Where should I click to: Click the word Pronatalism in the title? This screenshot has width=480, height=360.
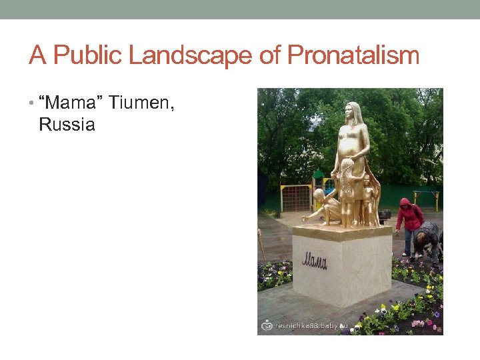coord(353,55)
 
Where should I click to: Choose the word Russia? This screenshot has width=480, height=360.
coord(67,125)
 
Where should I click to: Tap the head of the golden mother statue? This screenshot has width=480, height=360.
coord(354,112)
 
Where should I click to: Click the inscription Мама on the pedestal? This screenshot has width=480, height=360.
coord(315,259)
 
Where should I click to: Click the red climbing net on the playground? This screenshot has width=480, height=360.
coord(295,198)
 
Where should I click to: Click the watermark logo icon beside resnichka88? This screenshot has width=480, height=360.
coord(268,326)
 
